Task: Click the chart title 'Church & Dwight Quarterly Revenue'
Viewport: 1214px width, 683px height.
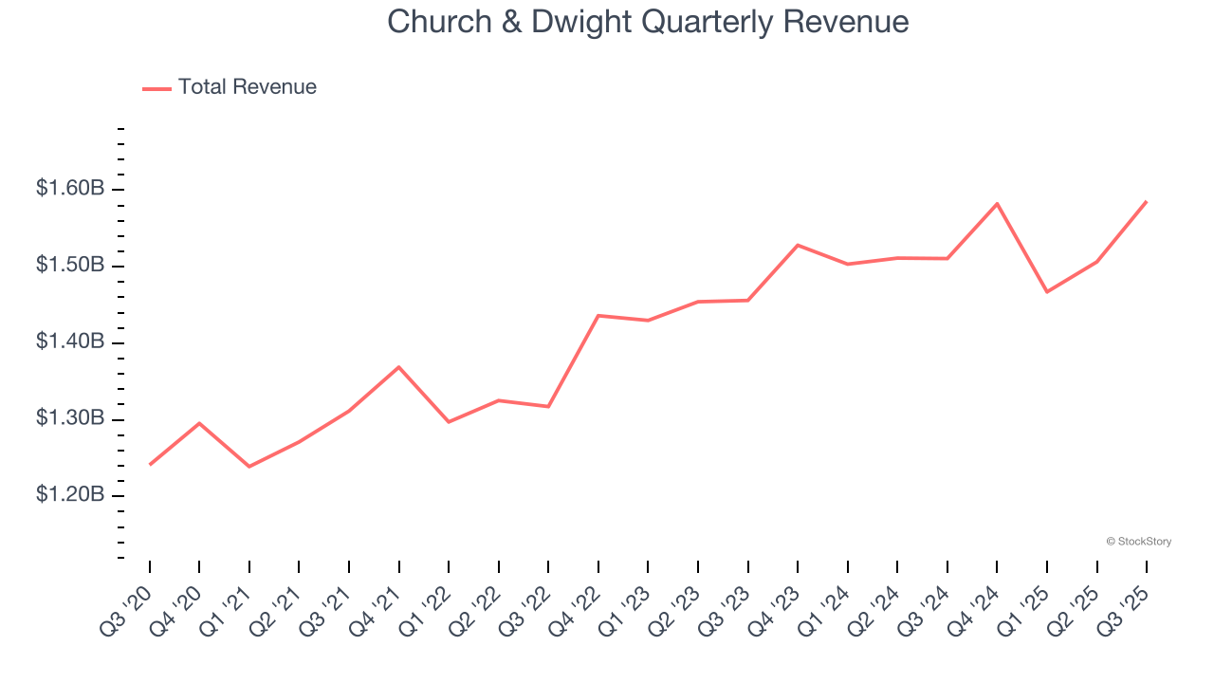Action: [x=648, y=22]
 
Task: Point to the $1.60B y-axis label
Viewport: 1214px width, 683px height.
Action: [x=70, y=189]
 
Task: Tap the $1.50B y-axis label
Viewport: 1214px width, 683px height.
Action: [x=70, y=266]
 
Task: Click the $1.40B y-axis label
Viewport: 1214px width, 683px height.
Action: [x=70, y=342]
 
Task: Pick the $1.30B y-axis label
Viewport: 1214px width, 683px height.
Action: [x=70, y=419]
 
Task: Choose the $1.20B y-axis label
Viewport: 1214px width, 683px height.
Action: [x=70, y=496]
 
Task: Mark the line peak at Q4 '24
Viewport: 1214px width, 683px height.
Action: [x=997, y=204]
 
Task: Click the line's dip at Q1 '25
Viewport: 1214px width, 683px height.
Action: [x=1047, y=291]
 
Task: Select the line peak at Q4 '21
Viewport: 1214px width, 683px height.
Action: [x=398, y=367]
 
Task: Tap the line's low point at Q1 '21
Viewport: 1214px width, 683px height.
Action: [x=249, y=467]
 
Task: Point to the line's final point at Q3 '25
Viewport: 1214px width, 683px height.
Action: [x=1146, y=201]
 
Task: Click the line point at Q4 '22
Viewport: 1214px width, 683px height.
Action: [x=598, y=315]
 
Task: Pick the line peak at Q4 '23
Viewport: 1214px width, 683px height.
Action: [x=798, y=245]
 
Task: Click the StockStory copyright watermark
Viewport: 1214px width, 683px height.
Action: [x=1138, y=542]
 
